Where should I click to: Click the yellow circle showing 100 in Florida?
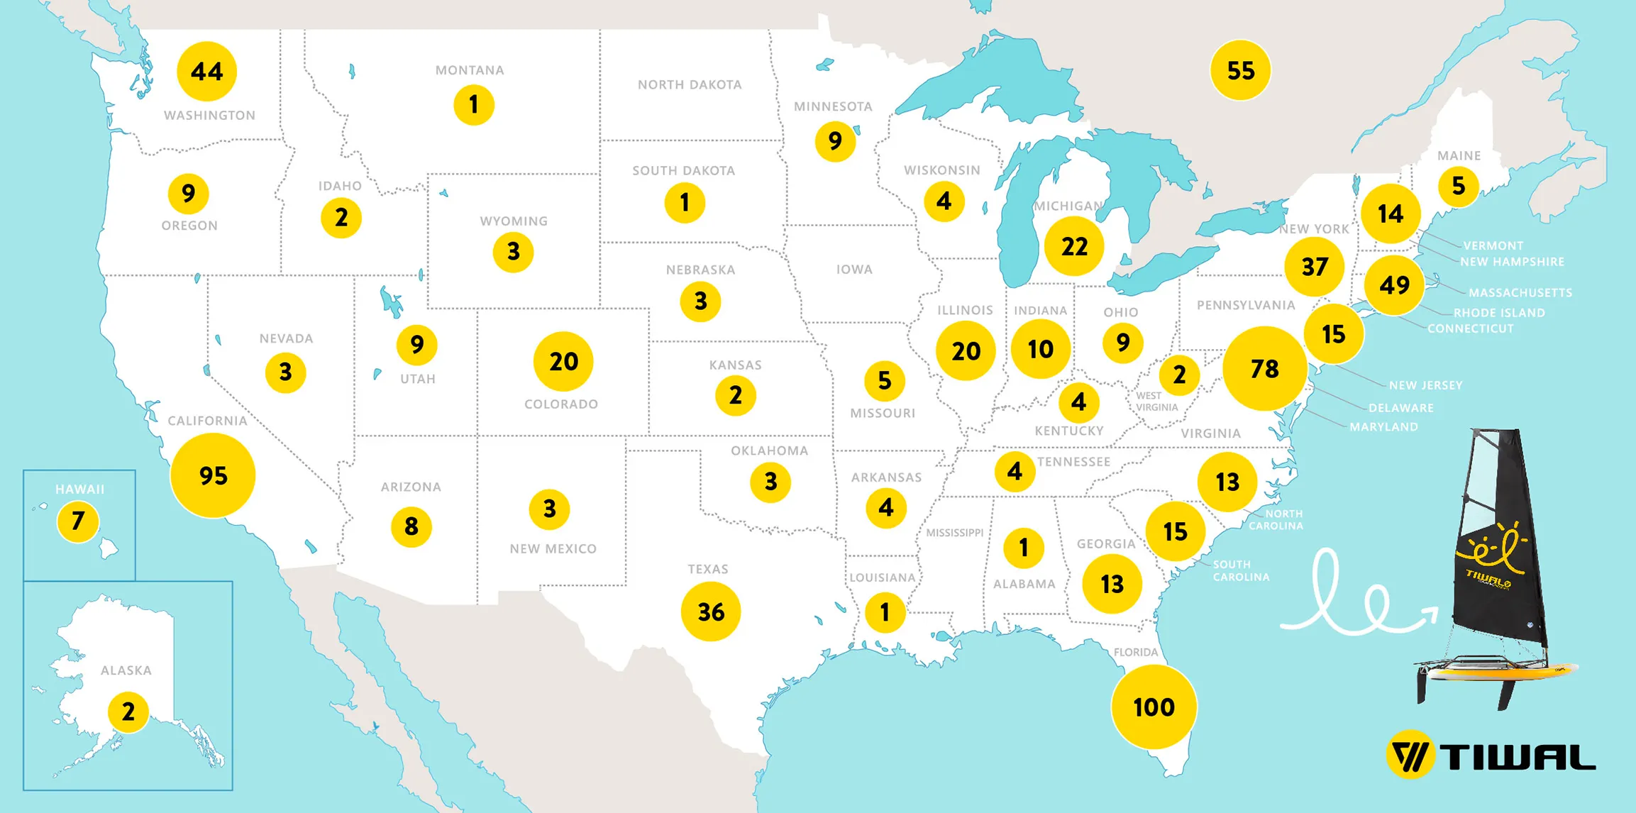pyautogui.click(x=1154, y=707)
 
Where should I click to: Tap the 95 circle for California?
pyautogui.click(x=213, y=475)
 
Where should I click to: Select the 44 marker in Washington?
pyautogui.click(x=206, y=71)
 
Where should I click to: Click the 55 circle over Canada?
pyautogui.click(x=1240, y=70)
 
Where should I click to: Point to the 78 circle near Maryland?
pyautogui.click(x=1264, y=368)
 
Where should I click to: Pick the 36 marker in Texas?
pyautogui.click(x=710, y=612)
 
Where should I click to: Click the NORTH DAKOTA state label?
pyautogui.click(x=689, y=84)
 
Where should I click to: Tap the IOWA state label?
pyautogui.click(x=854, y=270)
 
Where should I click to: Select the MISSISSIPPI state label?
pyautogui.click(x=954, y=533)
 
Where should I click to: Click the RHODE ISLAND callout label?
pyautogui.click(x=1498, y=313)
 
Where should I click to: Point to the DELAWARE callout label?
pyautogui.click(x=1400, y=408)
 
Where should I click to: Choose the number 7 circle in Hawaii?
pyautogui.click(x=78, y=521)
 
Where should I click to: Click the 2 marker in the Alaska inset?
pyautogui.click(x=128, y=712)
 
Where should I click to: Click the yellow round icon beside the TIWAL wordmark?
pyautogui.click(x=1410, y=755)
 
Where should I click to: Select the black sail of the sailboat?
pyautogui.click(x=1497, y=568)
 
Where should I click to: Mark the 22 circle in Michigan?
pyautogui.click(x=1074, y=246)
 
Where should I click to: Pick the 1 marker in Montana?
pyautogui.click(x=473, y=105)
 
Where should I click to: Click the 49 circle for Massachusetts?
pyautogui.click(x=1394, y=285)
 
